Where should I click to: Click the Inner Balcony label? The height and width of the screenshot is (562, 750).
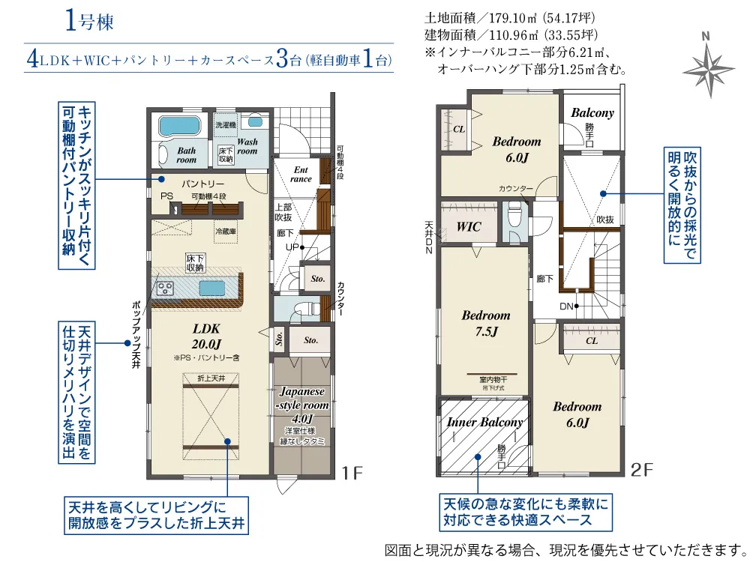click(x=484, y=423)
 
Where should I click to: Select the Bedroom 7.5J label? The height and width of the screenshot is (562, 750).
click(x=485, y=324)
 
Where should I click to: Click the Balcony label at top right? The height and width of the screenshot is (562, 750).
click(x=592, y=113)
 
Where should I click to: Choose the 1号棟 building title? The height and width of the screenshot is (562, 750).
click(x=89, y=22)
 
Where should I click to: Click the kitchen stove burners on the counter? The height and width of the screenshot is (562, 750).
click(x=164, y=286)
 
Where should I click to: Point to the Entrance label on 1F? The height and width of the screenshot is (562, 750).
click(x=301, y=174)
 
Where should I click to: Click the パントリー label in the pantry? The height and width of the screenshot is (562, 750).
click(x=202, y=184)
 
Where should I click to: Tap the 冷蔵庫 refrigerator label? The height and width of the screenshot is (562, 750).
click(x=226, y=232)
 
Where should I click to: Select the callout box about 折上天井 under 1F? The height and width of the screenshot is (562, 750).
click(x=156, y=513)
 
